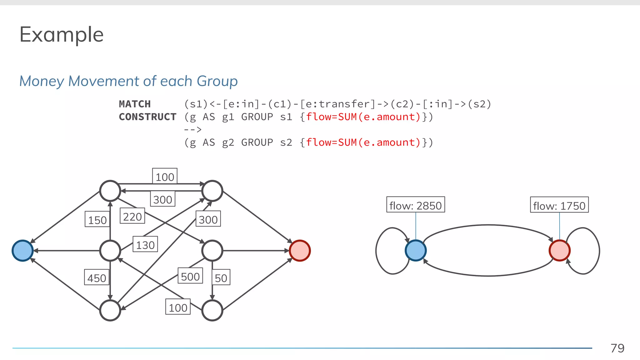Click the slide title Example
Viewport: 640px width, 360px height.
pos(61,35)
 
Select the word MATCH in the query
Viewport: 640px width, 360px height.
pos(135,104)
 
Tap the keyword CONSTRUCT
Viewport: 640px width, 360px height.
pos(147,117)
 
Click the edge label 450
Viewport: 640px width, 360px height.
pos(97,278)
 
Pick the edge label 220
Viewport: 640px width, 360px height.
pos(132,216)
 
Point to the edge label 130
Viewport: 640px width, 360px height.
pos(145,245)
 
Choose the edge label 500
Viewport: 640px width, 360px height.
pos(190,276)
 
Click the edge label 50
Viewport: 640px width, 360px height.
pos(221,277)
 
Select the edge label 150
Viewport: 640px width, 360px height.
pos(97,220)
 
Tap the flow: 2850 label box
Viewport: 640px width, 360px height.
pos(415,205)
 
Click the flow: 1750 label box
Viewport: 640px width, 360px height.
pos(559,205)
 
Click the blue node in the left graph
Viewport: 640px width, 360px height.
pos(22,251)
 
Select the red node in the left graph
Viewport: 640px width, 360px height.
pos(299,251)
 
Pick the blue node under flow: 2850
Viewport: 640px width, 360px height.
pos(415,251)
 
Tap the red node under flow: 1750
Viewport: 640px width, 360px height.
pos(559,251)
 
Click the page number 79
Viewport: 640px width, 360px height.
pos(617,348)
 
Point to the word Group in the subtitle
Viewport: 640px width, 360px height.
pos(217,81)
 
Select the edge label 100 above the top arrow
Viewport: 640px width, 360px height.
pos(165,177)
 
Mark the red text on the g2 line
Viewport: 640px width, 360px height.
pos(363,142)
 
